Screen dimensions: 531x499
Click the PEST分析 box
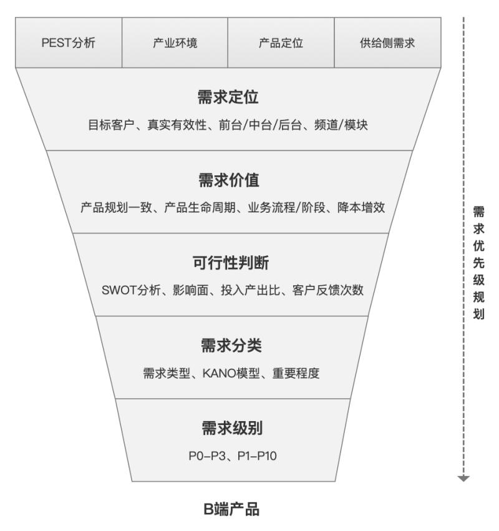point(69,43)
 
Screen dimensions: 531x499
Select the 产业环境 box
point(175,43)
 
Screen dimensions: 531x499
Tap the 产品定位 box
point(281,43)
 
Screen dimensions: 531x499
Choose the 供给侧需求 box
point(388,43)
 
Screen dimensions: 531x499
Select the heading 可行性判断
point(230,263)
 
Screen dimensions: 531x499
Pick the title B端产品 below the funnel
point(231,510)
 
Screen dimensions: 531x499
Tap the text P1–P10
point(257,456)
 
